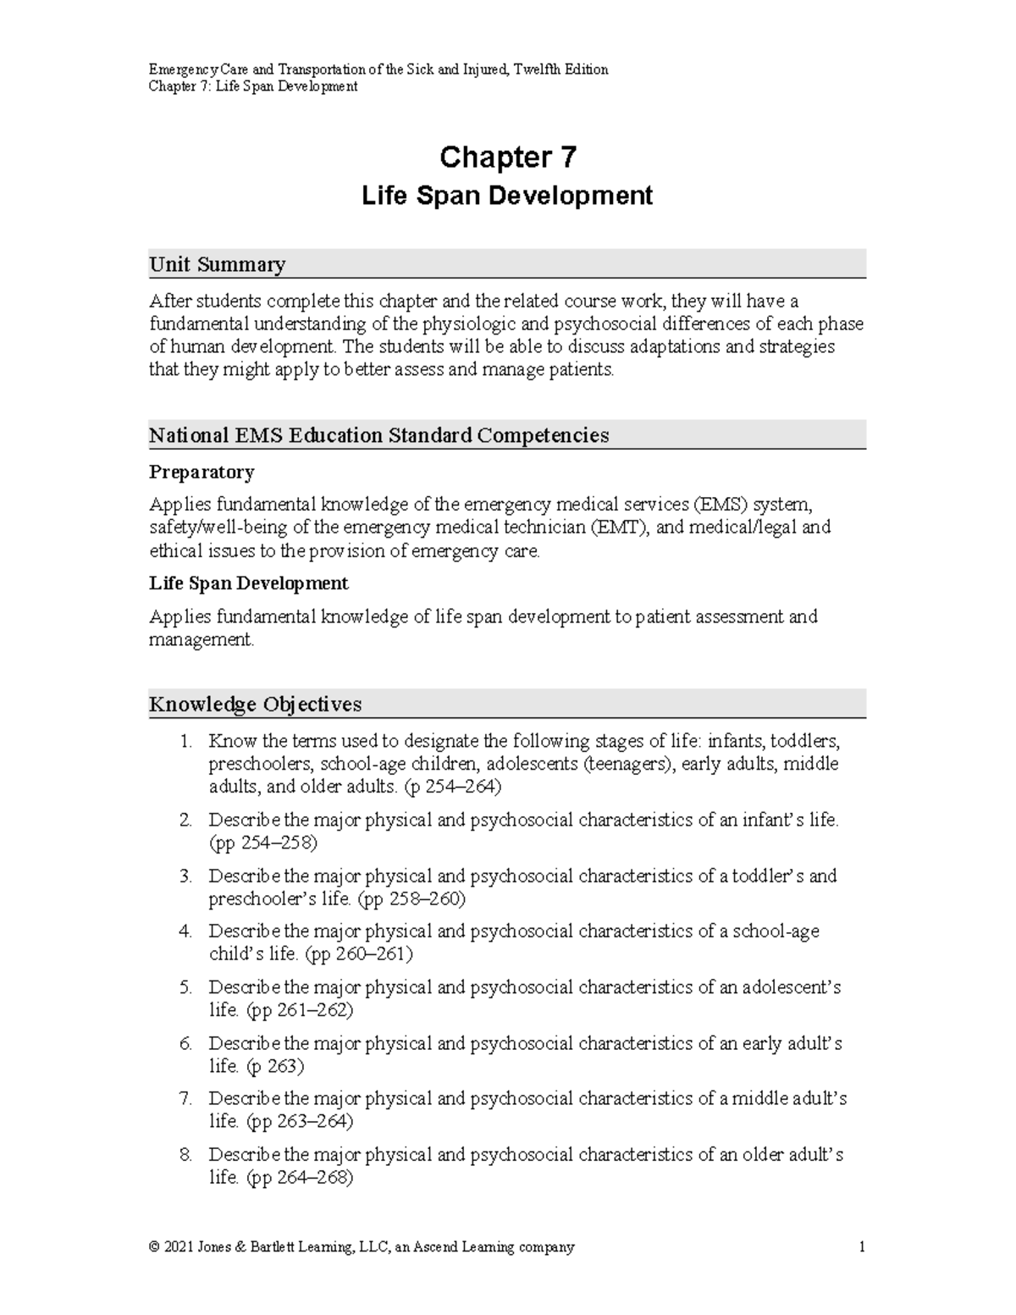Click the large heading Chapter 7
coord(507,157)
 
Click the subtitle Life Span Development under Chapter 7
coord(507,196)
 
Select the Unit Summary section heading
coord(218,265)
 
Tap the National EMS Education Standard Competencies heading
coord(378,436)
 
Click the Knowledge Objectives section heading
coord(255,704)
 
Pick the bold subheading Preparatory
coord(202,472)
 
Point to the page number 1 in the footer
coord(861,1246)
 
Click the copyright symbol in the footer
coord(154,1247)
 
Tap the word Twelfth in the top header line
coord(538,69)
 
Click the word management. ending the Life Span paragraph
coord(202,640)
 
